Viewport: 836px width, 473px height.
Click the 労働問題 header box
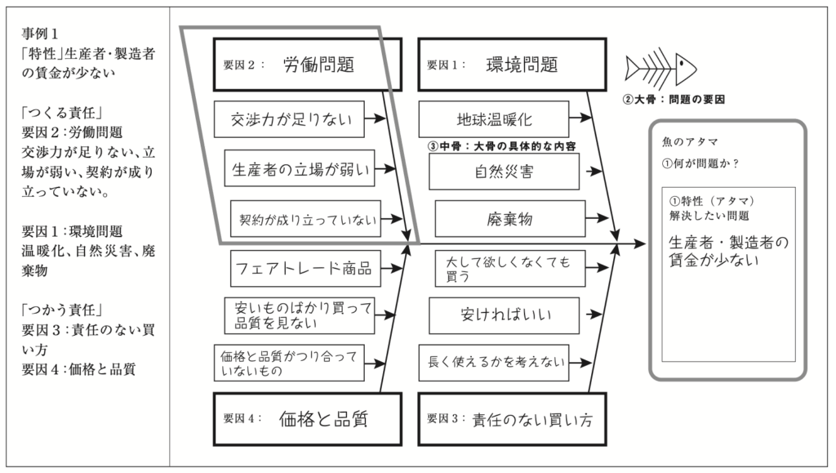tap(308, 65)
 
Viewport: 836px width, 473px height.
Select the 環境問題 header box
tap(512, 65)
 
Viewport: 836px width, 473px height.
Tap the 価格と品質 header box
tap(308, 419)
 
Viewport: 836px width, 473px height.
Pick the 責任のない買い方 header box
tap(512, 420)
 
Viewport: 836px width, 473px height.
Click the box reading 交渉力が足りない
tap(287, 119)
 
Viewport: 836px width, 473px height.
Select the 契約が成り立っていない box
tap(305, 219)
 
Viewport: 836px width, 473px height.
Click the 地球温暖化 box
tap(493, 119)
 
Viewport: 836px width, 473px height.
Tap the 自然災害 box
tap(504, 172)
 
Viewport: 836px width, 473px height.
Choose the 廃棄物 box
tap(509, 219)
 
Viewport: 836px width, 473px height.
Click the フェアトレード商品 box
tap(303, 267)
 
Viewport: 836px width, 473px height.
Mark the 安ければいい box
tap(504, 315)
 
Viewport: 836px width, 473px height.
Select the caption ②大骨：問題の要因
tap(674, 100)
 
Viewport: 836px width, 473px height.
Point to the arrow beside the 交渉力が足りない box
tap(375, 119)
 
